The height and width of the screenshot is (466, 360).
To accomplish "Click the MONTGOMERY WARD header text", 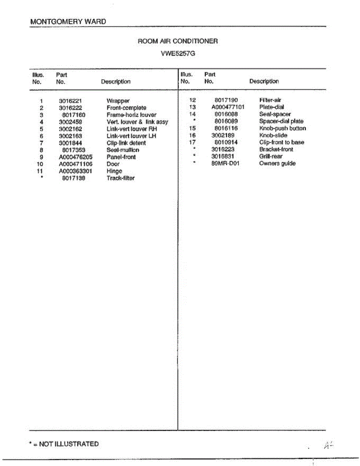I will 68,22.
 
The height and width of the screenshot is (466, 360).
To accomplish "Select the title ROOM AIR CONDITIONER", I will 178,41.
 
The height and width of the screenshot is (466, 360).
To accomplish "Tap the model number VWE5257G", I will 178,54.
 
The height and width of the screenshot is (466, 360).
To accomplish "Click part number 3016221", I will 70,101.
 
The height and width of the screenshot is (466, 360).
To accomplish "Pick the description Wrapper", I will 118,101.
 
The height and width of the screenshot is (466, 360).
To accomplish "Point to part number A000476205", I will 76,157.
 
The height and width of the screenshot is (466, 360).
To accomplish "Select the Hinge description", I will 114,171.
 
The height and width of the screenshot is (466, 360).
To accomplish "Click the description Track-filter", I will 120,178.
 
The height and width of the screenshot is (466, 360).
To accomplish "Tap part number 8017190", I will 226,100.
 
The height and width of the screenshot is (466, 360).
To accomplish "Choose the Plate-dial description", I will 271,107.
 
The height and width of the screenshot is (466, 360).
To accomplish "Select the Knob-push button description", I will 282,129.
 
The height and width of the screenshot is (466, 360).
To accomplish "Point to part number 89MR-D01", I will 226,163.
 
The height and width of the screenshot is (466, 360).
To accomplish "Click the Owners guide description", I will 277,163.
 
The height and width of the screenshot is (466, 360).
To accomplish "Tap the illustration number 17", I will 191,143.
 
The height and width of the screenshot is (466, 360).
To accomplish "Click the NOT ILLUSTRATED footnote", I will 64,444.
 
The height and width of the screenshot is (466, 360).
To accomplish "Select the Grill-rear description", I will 271,156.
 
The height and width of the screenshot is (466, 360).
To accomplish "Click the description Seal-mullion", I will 123,150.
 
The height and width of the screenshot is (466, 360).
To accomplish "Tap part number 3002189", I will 223,136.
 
